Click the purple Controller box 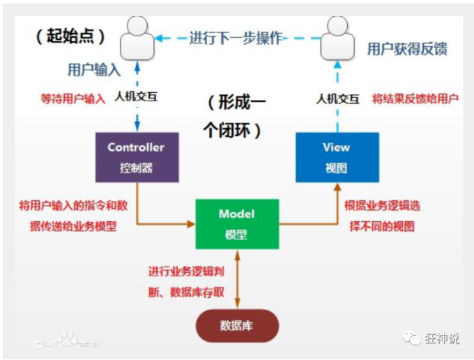click(136, 157)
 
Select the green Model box click(236, 224)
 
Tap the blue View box click(337, 157)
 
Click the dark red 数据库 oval click(236, 326)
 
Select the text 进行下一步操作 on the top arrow click(236, 38)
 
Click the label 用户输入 click(94, 70)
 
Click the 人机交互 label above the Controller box click(137, 97)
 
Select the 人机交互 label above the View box click(337, 98)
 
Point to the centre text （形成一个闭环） click(236, 117)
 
